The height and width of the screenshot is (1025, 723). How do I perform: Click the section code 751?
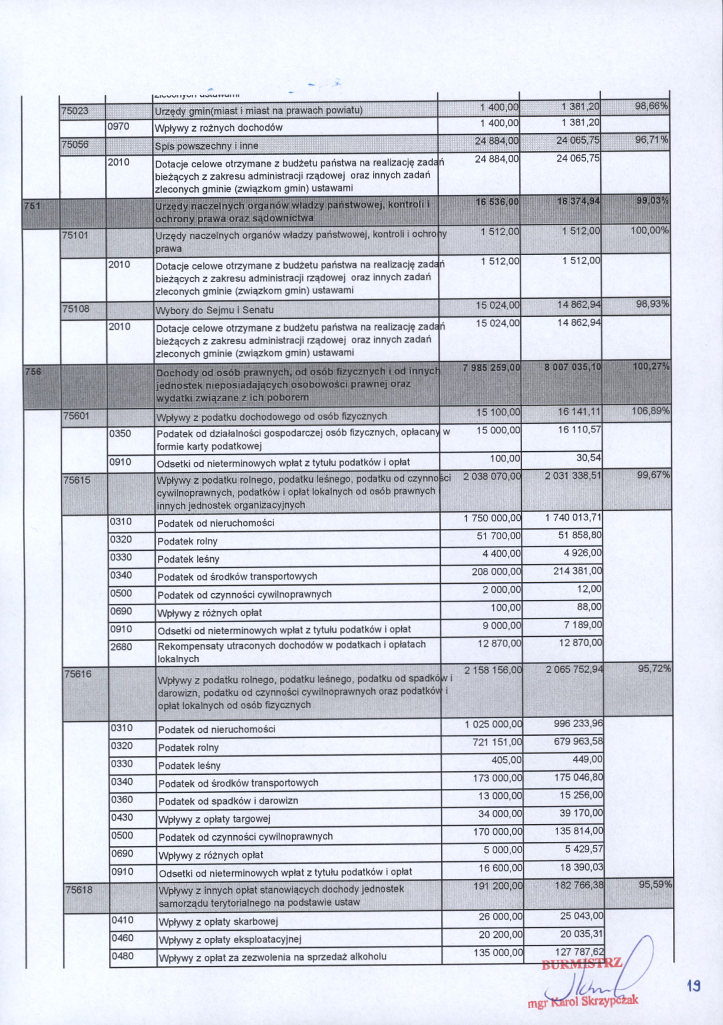(x=31, y=205)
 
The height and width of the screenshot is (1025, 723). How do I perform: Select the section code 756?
(x=33, y=371)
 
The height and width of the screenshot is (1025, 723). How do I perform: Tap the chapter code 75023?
(x=75, y=110)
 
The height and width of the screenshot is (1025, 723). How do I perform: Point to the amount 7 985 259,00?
(x=491, y=368)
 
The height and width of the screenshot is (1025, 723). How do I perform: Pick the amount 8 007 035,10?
(x=573, y=367)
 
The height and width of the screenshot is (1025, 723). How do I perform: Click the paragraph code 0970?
(x=118, y=126)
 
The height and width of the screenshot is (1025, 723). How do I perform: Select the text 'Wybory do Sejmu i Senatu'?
(x=214, y=310)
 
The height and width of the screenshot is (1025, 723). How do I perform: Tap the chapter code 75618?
(x=79, y=890)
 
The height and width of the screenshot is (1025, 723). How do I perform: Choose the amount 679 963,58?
(x=578, y=741)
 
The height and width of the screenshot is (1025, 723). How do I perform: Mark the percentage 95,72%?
(x=654, y=669)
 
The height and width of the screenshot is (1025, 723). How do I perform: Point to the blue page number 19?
(x=694, y=986)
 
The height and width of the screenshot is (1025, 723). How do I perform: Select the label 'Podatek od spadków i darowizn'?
(x=228, y=801)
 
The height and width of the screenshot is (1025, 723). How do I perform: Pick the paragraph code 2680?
(x=121, y=647)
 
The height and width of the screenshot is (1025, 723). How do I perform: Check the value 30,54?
(x=588, y=458)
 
